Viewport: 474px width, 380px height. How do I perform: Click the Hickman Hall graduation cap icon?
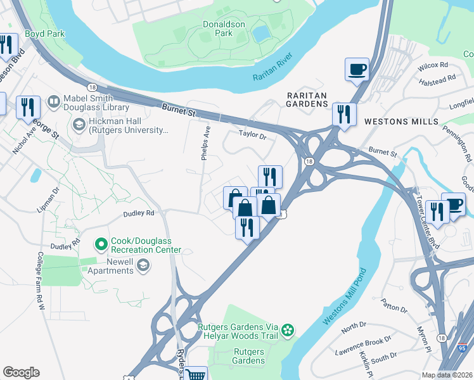coord(80,122)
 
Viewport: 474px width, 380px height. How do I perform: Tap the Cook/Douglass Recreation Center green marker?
coord(100,243)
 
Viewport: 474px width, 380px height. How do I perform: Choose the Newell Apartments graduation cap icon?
coord(144,265)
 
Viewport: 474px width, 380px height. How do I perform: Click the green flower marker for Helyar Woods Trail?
coord(288,329)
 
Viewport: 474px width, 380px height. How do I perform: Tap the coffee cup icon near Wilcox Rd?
coord(357,69)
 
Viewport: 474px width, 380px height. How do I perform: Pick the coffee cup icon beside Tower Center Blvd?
coord(453,204)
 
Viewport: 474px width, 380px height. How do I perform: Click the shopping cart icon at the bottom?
coord(196,374)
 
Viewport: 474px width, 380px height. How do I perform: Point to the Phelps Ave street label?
coord(205,142)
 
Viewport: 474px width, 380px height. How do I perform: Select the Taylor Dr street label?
coord(252,134)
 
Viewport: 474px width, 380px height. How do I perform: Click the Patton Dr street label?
coord(394,310)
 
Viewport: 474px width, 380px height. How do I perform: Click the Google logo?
coord(22,372)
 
